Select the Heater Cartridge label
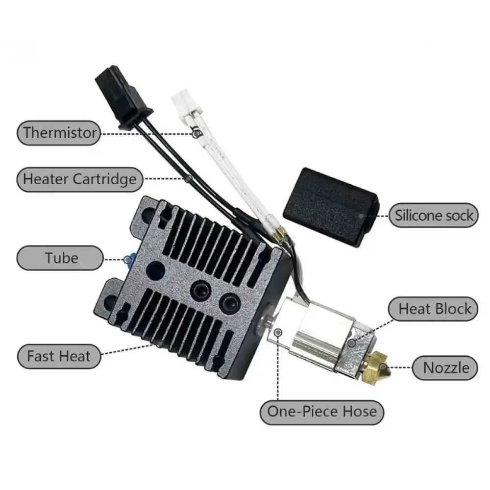pos(80,179)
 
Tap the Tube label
pos(60,258)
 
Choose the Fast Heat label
pos(59,356)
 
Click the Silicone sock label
pos(434,215)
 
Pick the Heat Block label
pos(433,309)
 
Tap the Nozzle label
pos(445,368)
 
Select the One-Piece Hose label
pos(322,412)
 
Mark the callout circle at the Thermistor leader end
pos(196,134)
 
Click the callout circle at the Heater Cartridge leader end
pos(188,179)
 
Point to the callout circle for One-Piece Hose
pos(278,332)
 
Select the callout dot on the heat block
pos(352,343)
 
